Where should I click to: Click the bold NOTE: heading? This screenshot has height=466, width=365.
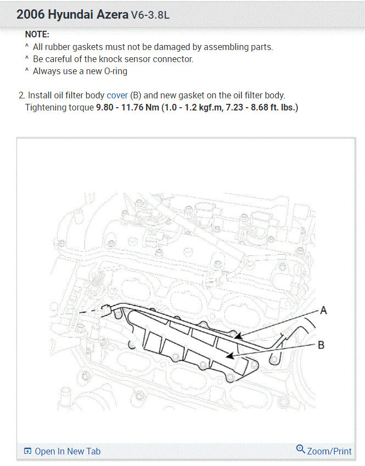tap(37, 34)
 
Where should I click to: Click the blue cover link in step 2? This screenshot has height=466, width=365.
tap(117, 95)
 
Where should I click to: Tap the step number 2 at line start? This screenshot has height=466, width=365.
tap(21, 95)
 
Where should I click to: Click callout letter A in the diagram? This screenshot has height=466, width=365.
tap(323, 311)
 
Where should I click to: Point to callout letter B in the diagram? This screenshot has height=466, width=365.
tap(321, 345)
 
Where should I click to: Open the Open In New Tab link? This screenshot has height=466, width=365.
tap(68, 451)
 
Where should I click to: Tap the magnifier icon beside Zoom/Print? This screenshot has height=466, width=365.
tap(301, 450)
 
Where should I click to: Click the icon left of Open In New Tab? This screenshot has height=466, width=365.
tap(28, 451)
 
